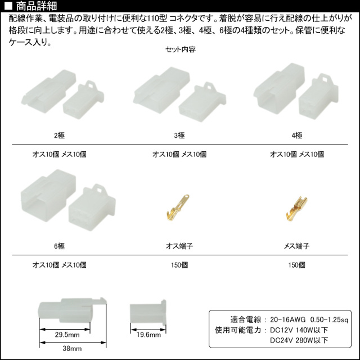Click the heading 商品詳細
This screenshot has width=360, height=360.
36,6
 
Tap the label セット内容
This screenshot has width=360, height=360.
180,49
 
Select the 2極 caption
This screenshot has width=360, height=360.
59,136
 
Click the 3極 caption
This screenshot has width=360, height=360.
179,136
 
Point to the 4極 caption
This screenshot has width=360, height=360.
297,136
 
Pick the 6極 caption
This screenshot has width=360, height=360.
59,246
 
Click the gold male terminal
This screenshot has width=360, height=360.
178,208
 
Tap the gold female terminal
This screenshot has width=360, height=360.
296,209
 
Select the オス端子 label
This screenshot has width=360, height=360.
179,246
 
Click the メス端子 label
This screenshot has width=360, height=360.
297,246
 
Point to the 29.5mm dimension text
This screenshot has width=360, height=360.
67,335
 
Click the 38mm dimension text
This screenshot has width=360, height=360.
72,349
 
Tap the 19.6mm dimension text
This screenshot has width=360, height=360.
148,335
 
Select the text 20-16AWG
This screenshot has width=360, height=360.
287,319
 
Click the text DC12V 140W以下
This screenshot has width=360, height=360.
299,330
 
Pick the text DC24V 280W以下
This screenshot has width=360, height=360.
299,340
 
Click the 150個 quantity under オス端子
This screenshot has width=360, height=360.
179,265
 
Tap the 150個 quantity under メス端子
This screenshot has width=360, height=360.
297,265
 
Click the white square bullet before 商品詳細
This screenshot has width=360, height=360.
8,6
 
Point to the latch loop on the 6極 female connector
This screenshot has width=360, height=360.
98,189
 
